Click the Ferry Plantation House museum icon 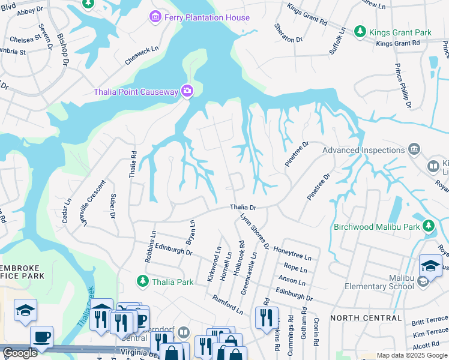click(x=156, y=17)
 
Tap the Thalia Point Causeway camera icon click(x=187, y=91)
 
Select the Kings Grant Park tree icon click(x=360, y=31)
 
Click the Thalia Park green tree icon click(x=142, y=281)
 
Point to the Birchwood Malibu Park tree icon click(x=429, y=226)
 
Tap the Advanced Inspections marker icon click(x=414, y=149)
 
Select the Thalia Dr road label click(x=243, y=207)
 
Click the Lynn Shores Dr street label click(x=254, y=230)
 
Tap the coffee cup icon click(x=41, y=337)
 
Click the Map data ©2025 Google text click(x=411, y=355)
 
